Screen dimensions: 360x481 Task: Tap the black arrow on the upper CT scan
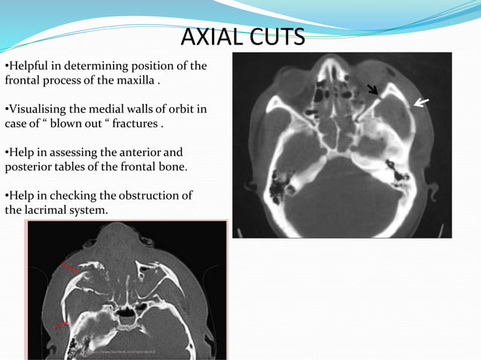click(x=372, y=90)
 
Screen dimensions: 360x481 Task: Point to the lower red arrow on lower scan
click(x=61, y=325)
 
